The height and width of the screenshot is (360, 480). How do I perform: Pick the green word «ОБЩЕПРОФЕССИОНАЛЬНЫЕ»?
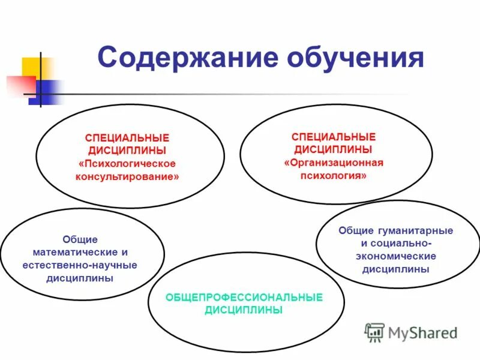[x=244, y=298]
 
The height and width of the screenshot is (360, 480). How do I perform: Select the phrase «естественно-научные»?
[x=80, y=265]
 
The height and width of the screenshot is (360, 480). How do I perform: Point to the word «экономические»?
[x=395, y=256]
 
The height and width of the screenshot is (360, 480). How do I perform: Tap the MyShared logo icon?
[x=375, y=332]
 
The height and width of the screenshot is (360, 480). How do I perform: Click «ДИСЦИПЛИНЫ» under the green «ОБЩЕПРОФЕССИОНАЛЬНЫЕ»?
[x=244, y=310]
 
